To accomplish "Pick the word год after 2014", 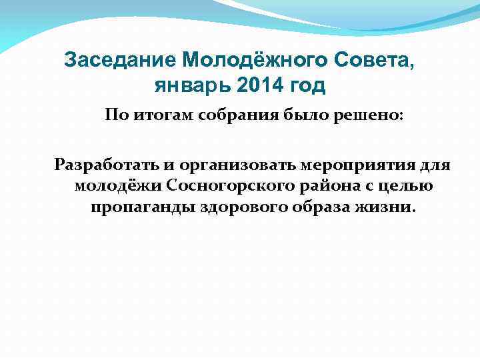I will [x=308, y=86].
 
